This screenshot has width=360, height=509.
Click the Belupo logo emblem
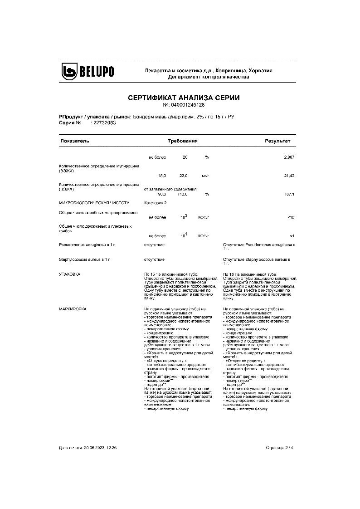(70, 72)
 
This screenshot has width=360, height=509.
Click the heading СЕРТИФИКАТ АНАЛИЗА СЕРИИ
(184, 98)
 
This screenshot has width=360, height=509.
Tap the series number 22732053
(103, 122)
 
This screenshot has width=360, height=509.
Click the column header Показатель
(75, 141)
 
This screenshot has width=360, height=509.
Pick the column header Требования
(182, 141)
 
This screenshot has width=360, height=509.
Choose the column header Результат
(277, 141)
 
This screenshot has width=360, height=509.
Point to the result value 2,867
(289, 157)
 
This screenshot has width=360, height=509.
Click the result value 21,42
(289, 175)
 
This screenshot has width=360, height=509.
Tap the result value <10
(291, 218)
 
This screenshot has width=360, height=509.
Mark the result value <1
(292, 236)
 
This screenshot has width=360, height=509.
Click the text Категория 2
(155, 203)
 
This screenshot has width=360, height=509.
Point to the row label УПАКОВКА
(70, 275)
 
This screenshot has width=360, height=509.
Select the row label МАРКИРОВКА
(73, 308)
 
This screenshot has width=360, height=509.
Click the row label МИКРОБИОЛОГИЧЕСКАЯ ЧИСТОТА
(94, 203)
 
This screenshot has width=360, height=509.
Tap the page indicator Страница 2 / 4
(280, 448)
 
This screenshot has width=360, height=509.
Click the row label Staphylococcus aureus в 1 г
(85, 259)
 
